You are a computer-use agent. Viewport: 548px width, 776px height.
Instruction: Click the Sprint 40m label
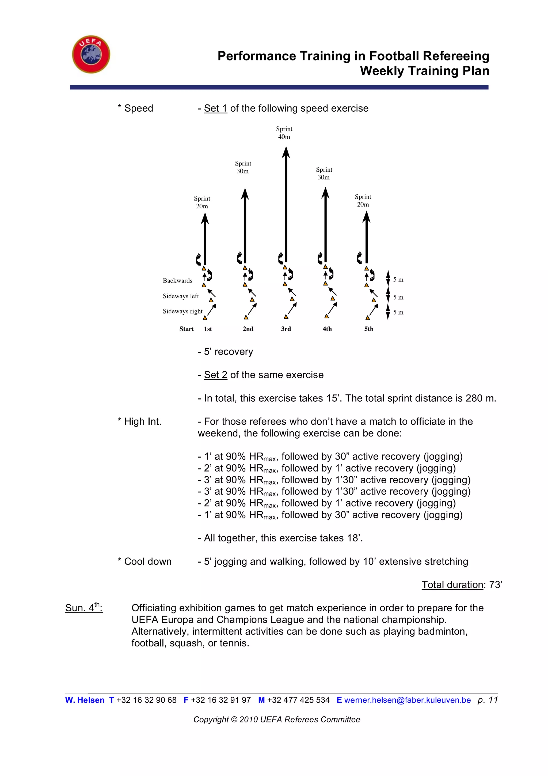(x=284, y=133)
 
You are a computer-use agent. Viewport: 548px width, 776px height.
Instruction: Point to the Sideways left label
(x=181, y=296)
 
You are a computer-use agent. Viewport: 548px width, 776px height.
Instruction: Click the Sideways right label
(x=182, y=311)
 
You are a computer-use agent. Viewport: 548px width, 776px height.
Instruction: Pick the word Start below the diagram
(x=187, y=329)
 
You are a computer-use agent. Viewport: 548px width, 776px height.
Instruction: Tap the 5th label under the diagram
(x=369, y=329)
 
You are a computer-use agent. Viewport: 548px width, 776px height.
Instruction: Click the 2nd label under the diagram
(x=248, y=329)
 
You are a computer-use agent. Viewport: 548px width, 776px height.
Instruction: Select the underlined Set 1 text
(x=215, y=108)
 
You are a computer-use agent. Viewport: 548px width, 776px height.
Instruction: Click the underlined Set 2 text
(x=215, y=375)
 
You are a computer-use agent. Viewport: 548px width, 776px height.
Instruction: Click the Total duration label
(x=452, y=585)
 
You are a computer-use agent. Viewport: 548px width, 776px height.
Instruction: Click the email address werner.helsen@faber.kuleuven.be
(x=407, y=700)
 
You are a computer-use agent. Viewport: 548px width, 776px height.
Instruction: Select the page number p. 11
(x=488, y=700)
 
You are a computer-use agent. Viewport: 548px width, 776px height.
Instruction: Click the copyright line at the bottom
(x=276, y=720)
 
